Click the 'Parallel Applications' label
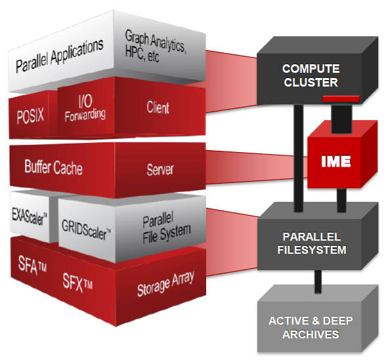59,56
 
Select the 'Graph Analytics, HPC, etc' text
155,46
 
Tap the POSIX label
30,115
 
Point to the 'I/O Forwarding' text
85,108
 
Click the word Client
158,108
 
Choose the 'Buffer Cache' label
53,167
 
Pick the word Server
160,169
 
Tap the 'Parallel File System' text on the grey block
167,230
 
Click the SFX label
77,283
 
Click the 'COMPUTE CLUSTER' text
311,75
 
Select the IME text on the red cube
336,161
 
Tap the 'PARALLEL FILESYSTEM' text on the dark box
312,243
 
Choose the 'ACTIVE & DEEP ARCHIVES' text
311,328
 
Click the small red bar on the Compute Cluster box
341,98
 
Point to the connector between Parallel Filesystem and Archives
318,281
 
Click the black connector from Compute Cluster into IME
341,119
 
